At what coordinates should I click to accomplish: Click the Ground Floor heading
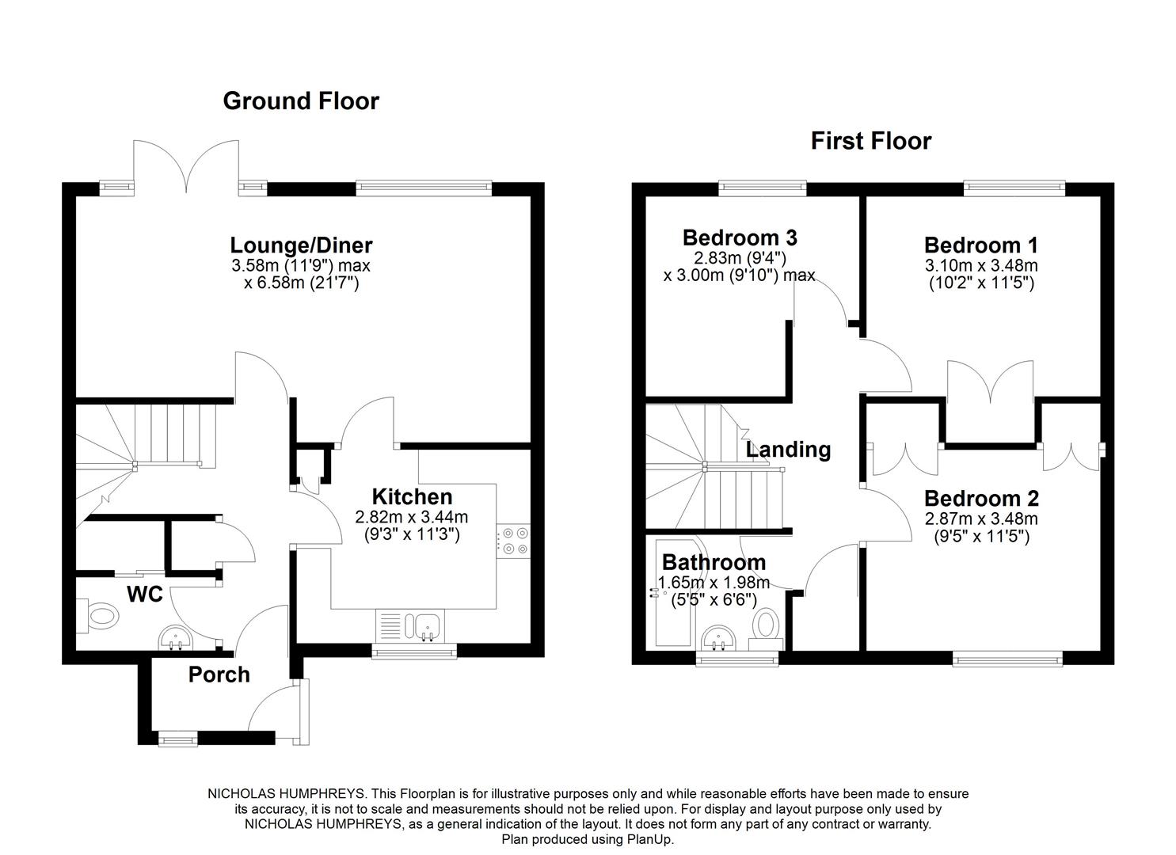click(x=301, y=101)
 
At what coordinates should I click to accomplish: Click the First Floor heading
click(x=870, y=141)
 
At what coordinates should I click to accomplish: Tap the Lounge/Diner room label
click(x=301, y=245)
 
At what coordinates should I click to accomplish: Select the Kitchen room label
click(x=412, y=497)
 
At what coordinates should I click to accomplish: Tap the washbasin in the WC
click(x=174, y=637)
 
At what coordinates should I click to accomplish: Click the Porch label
click(x=219, y=674)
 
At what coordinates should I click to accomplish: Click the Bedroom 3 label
click(x=740, y=237)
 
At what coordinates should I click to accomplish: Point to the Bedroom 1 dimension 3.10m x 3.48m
click(x=981, y=265)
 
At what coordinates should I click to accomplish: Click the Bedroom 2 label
click(x=981, y=499)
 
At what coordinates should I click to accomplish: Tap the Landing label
click(x=789, y=450)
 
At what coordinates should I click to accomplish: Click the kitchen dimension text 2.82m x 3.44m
click(x=412, y=517)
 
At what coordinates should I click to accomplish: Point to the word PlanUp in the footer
click(x=651, y=839)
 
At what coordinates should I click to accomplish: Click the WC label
click(x=145, y=594)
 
